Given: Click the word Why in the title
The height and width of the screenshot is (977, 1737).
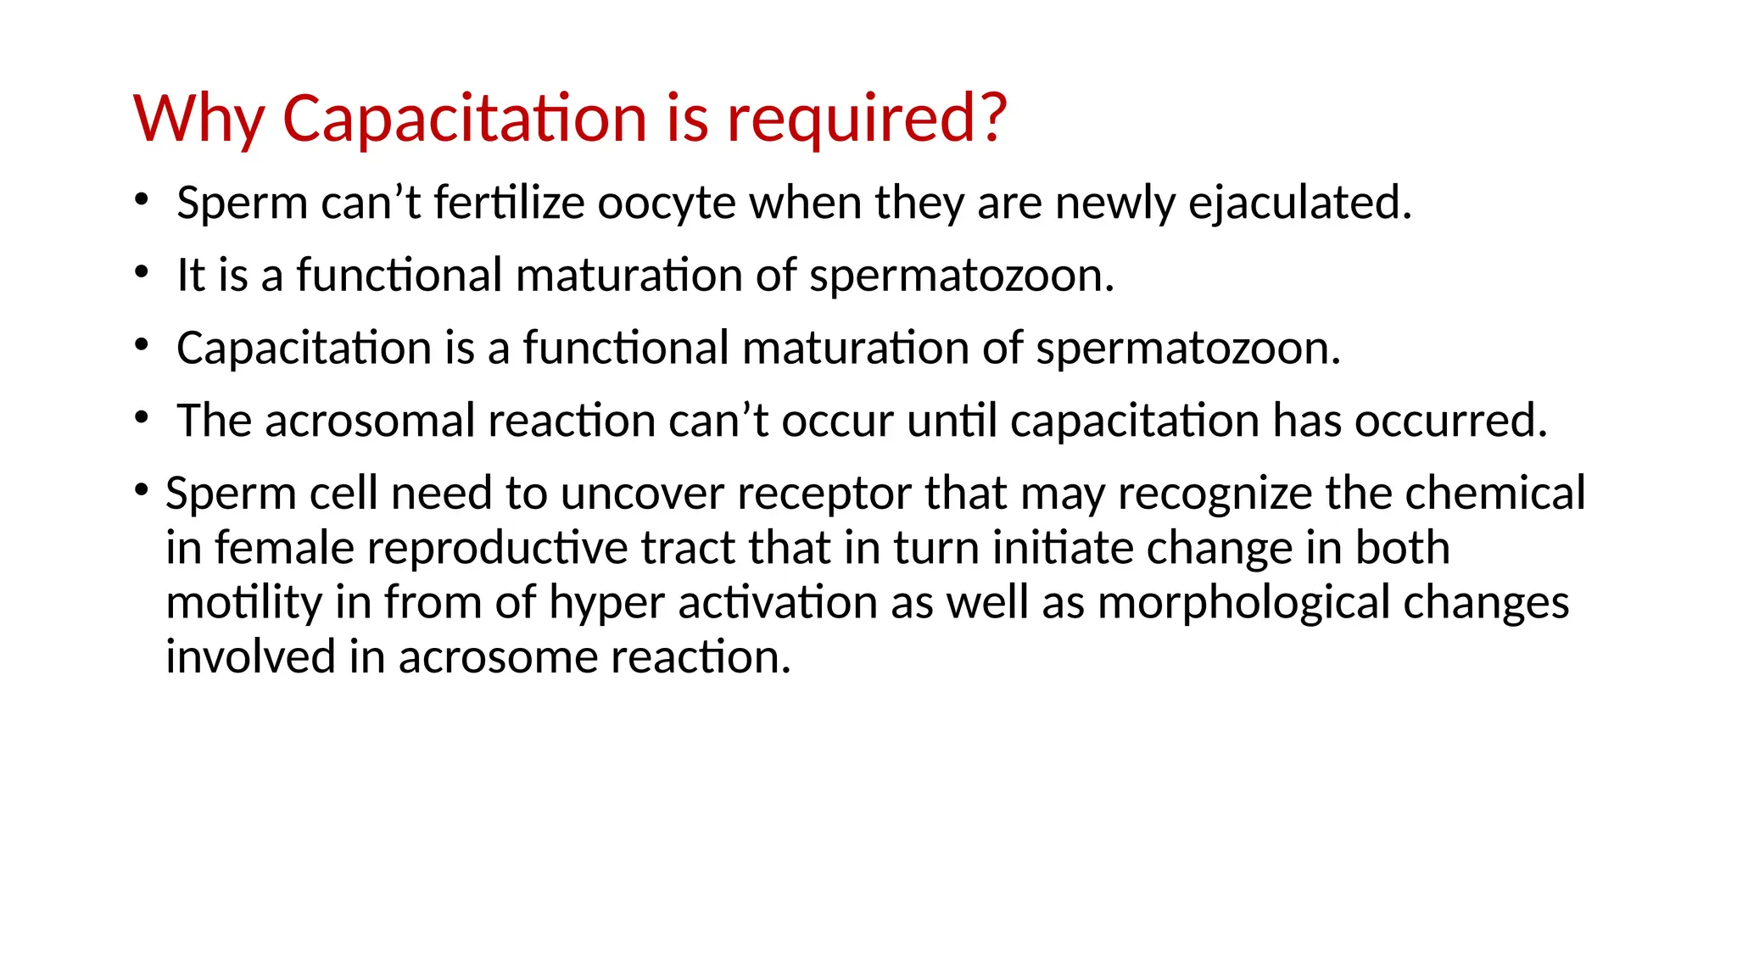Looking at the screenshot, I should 199,118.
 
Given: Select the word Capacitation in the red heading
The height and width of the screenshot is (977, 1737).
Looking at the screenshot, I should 466,118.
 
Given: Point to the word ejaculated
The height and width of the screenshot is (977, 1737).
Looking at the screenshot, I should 1299,204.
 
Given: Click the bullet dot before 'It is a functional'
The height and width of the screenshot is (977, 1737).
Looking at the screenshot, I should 142,272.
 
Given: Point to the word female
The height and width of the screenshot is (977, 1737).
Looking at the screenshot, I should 283,548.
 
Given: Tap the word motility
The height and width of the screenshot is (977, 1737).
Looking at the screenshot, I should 244,603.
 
